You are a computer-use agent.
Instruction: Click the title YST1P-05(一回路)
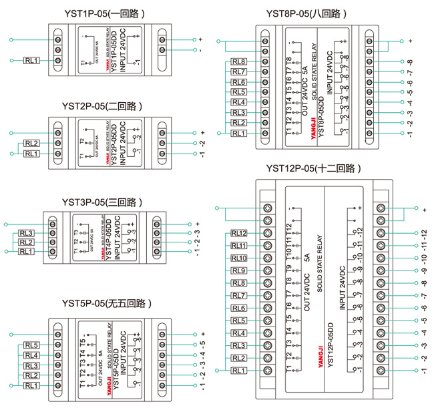[x=103, y=13]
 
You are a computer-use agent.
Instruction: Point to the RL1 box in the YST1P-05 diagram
[x=31, y=61]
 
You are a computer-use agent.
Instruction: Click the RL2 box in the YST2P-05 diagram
[x=31, y=143]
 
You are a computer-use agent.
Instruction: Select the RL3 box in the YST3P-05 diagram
[x=26, y=232]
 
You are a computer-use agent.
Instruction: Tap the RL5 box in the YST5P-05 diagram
[x=31, y=345]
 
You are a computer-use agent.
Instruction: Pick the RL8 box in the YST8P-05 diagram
[x=238, y=62]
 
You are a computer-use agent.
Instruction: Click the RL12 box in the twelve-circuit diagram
[x=238, y=234]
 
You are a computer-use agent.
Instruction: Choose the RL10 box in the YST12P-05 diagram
[x=238, y=258]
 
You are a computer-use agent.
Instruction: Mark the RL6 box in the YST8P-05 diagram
[x=238, y=82]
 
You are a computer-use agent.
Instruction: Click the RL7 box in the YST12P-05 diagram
[x=238, y=295]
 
